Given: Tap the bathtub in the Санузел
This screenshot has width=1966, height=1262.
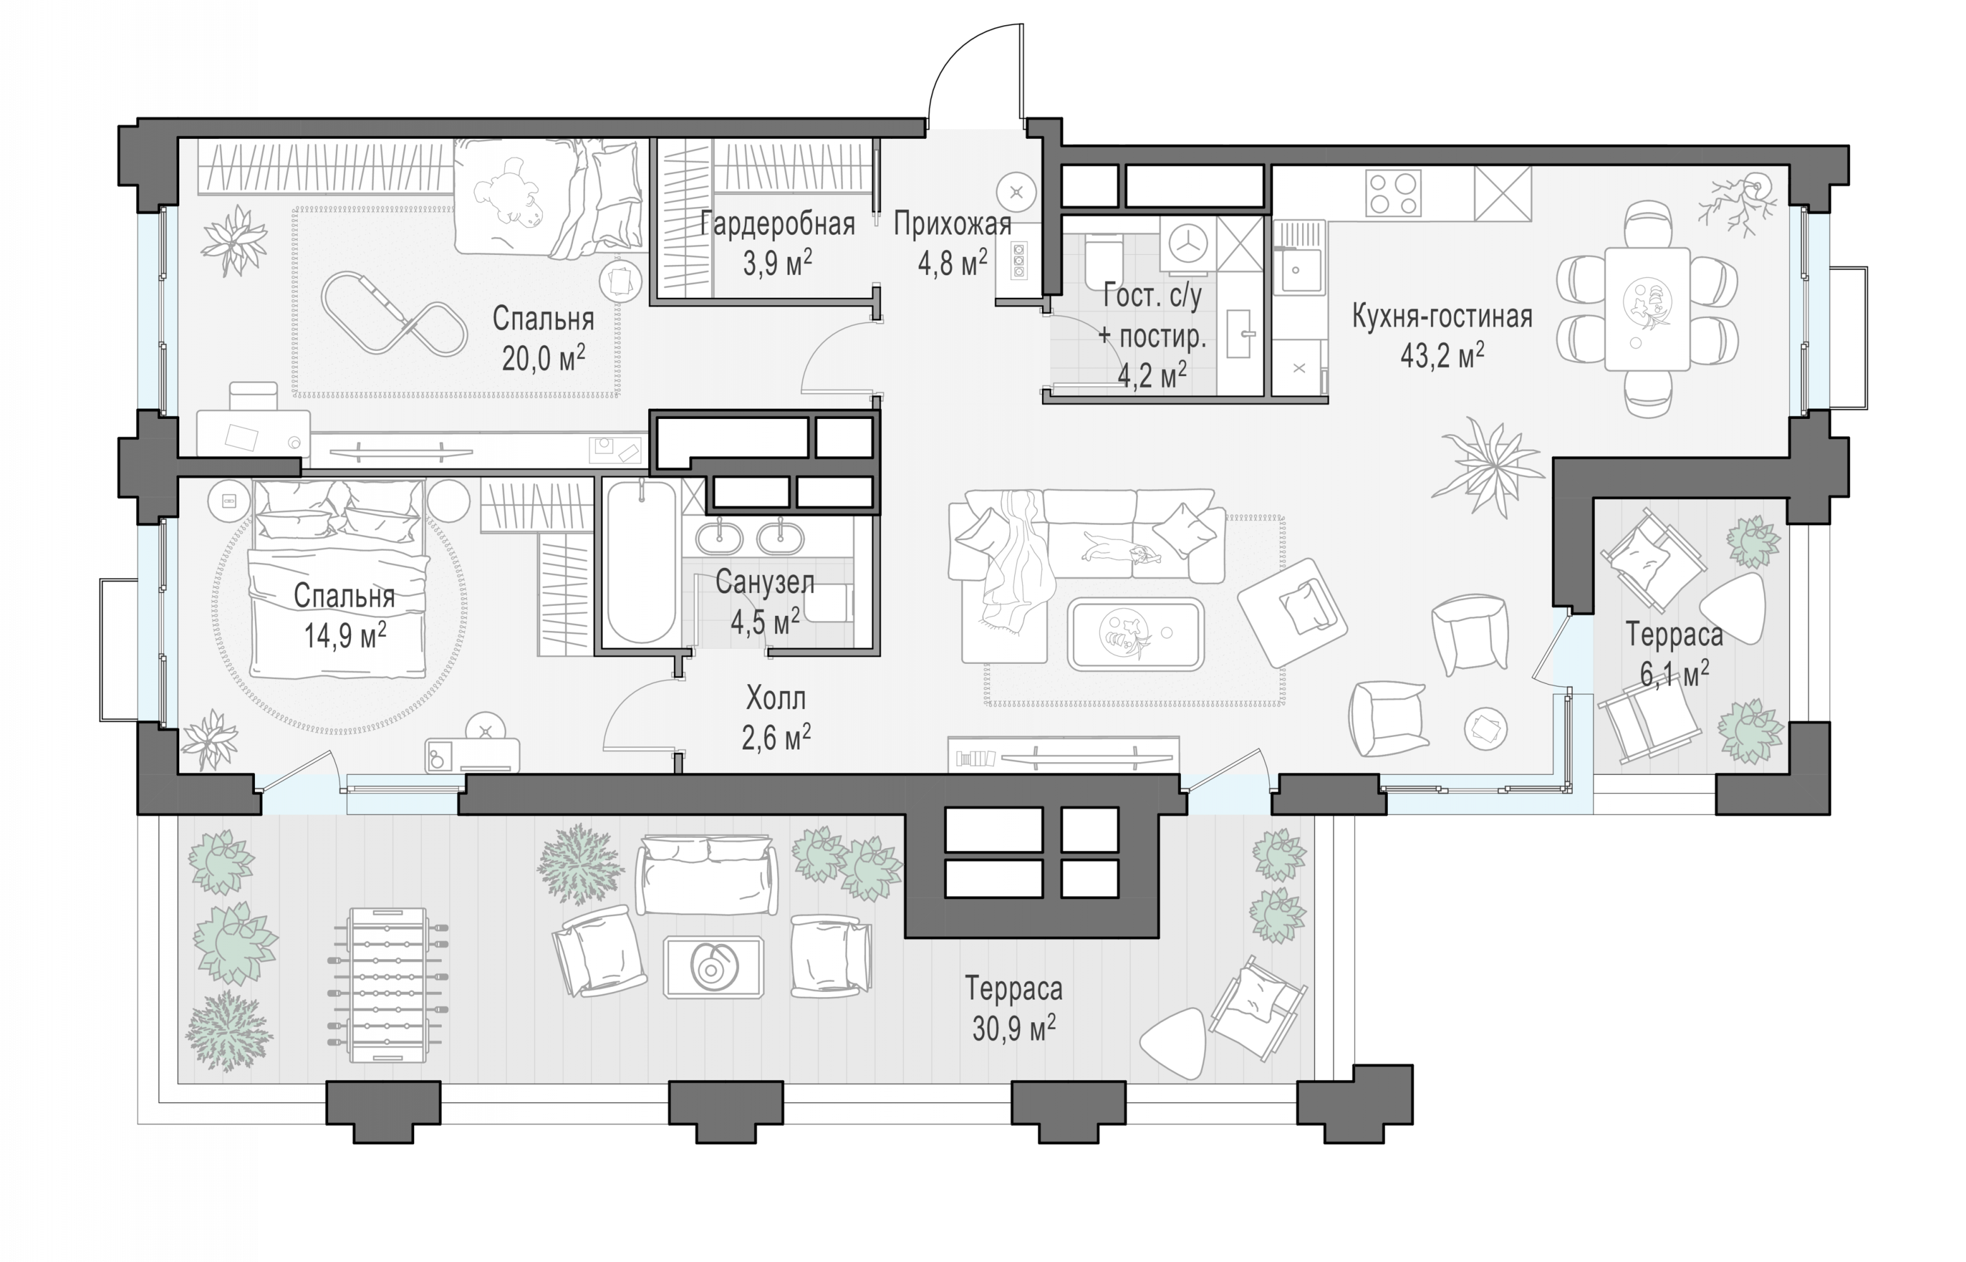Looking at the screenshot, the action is [641, 562].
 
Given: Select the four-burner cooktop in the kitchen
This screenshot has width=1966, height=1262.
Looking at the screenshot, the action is [1393, 193].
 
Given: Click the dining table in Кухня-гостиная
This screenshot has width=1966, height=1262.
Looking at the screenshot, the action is [1647, 309].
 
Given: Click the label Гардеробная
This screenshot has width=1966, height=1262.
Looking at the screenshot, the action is [777, 224].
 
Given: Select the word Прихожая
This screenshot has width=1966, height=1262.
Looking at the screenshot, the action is [952, 224].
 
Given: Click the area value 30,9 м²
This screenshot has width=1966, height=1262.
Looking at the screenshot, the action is [1014, 1028].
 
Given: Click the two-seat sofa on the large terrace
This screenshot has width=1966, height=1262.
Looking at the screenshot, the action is [706, 875].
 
